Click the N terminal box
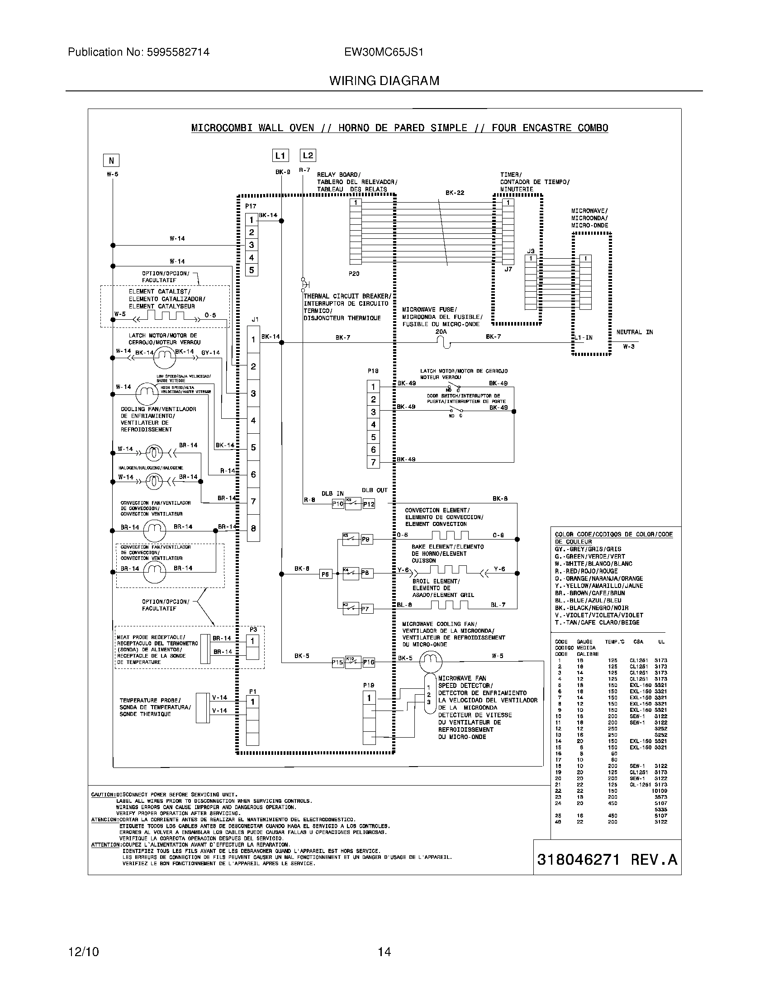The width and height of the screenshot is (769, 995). tap(111, 161)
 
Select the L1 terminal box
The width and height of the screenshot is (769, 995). tap(280, 155)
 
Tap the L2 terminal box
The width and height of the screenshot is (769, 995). tap(308, 155)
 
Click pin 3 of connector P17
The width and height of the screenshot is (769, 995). tap(251, 245)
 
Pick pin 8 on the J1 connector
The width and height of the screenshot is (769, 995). tap(253, 528)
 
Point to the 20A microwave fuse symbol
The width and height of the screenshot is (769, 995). tap(446, 344)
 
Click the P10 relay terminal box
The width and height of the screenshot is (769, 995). tap(337, 504)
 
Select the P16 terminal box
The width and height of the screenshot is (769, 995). tap(369, 663)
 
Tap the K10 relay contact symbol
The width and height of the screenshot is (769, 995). tap(353, 662)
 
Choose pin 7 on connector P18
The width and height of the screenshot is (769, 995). tap(373, 462)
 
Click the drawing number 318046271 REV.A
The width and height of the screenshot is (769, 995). tap(607, 859)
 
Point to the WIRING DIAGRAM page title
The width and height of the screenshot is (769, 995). tap(384, 81)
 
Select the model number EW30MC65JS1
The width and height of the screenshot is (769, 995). tap(384, 52)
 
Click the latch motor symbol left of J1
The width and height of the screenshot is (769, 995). tap(164, 358)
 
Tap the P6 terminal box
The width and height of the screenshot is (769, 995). tap(325, 574)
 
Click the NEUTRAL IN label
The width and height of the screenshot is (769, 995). tap(634, 332)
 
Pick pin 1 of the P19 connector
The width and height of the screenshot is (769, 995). tap(369, 698)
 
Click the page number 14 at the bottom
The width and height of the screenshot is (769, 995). tap(384, 952)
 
